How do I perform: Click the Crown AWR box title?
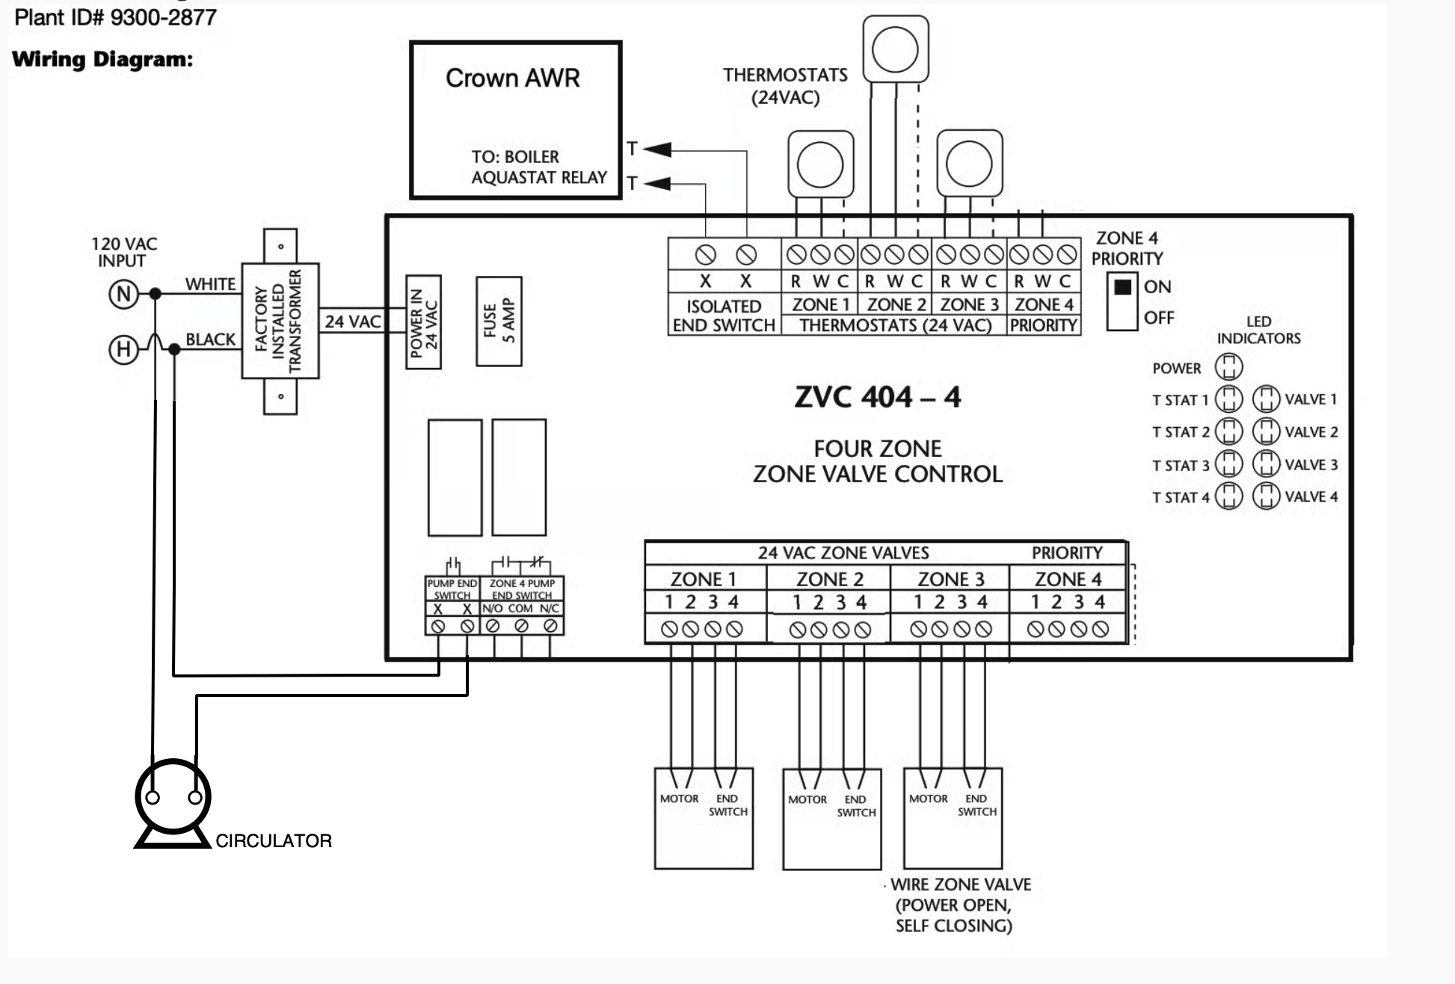pyautogui.click(x=512, y=78)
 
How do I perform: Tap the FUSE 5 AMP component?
pyautogui.click(x=499, y=321)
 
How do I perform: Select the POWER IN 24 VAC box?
pyautogui.click(x=423, y=322)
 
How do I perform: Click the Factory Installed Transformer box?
pyautogui.click(x=280, y=321)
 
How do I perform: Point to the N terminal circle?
pyautogui.click(x=123, y=294)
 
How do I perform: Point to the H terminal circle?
pyautogui.click(x=123, y=349)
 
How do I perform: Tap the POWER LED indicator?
pyautogui.click(x=1228, y=367)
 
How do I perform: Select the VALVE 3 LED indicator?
pyautogui.click(x=1266, y=464)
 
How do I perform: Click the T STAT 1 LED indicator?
pyautogui.click(x=1228, y=399)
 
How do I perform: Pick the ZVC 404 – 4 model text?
pyautogui.click(x=877, y=397)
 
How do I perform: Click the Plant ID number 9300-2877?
pyautogui.click(x=163, y=17)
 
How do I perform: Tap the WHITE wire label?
pyautogui.click(x=210, y=284)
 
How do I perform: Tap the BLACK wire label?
pyautogui.click(x=210, y=339)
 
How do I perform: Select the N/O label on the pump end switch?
pyautogui.click(x=492, y=609)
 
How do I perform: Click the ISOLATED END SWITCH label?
pyautogui.click(x=723, y=316)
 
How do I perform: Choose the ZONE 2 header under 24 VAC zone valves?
pyautogui.click(x=829, y=579)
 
